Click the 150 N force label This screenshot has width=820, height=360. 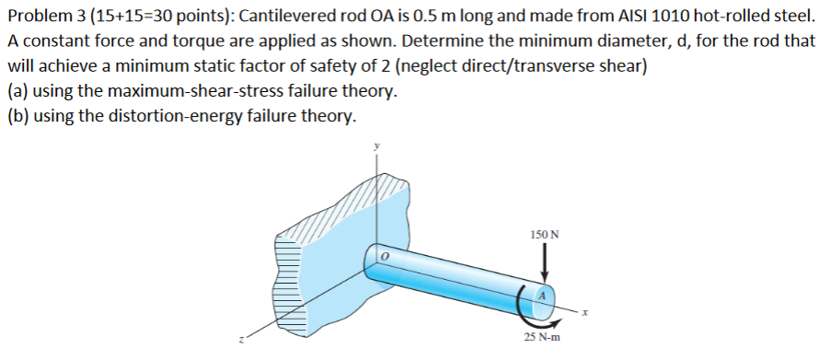(545, 235)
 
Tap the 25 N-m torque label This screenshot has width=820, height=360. (544, 338)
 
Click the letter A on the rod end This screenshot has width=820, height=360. (543, 296)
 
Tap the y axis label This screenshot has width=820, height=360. (375, 146)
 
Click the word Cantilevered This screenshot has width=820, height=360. (286, 17)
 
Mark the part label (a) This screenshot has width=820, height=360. (17, 92)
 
